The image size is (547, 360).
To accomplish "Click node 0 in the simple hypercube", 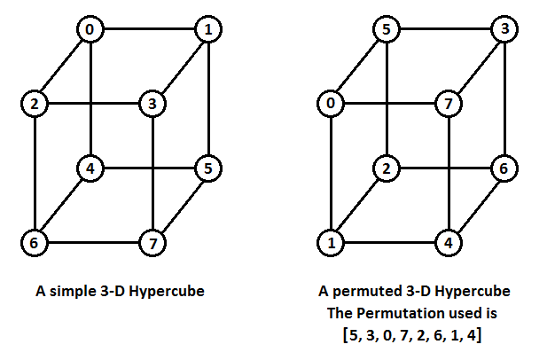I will (90, 30).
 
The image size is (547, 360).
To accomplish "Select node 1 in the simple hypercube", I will (208, 30).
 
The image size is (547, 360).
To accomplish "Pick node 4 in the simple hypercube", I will (90, 166).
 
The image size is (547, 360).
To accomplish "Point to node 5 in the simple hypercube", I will (208, 166).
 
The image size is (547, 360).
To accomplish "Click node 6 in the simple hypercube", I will (33, 240).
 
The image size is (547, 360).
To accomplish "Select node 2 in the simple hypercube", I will (33, 105).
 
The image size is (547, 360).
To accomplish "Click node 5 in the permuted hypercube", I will (386, 30).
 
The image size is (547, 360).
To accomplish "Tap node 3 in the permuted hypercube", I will (504, 30).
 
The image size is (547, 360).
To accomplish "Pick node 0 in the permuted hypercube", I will (330, 105).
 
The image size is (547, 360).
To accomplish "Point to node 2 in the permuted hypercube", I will (386, 166).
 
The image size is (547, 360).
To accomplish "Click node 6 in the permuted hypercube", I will (504, 166).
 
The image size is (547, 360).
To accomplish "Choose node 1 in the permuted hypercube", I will (330, 240).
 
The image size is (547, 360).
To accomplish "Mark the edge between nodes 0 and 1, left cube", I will (149, 30).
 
